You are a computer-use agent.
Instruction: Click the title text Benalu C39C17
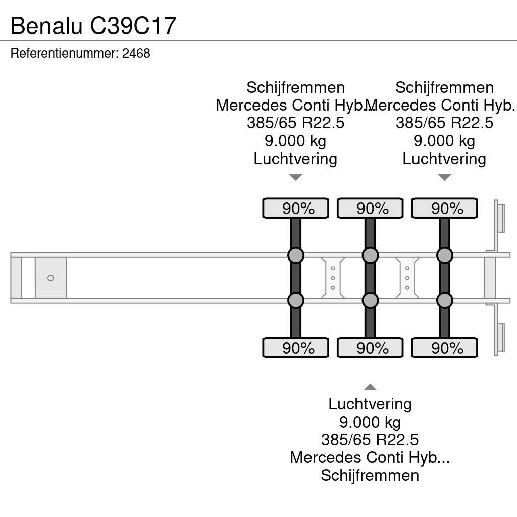pyautogui.click(x=93, y=25)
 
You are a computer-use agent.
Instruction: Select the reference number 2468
pyautogui.click(x=136, y=53)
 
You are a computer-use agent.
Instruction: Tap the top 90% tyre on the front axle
pyautogui.click(x=295, y=209)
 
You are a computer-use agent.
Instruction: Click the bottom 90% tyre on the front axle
pyautogui.click(x=295, y=348)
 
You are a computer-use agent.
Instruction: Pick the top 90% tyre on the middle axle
pyautogui.click(x=370, y=209)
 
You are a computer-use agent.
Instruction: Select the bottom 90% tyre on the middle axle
pyautogui.click(x=370, y=348)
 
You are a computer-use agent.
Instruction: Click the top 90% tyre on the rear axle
pyautogui.click(x=444, y=209)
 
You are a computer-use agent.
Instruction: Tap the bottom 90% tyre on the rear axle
pyautogui.click(x=444, y=348)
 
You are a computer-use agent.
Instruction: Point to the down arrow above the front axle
pyautogui.click(x=295, y=177)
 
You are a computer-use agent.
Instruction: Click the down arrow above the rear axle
pyautogui.click(x=444, y=177)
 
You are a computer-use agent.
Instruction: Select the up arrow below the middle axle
pyautogui.click(x=370, y=387)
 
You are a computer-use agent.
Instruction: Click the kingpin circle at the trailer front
pyautogui.click(x=50, y=278)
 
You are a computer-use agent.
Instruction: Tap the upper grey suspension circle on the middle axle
pyautogui.click(x=370, y=255)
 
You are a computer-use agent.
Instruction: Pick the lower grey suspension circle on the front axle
pyautogui.click(x=295, y=300)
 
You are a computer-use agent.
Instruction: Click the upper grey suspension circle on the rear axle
pyautogui.click(x=444, y=255)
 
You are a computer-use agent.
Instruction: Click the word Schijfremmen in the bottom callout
pyautogui.click(x=370, y=475)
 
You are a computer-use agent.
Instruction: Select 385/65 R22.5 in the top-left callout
pyautogui.click(x=295, y=123)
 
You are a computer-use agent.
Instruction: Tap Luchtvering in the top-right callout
pyautogui.click(x=444, y=159)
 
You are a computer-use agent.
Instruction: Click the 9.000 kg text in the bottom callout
pyautogui.click(x=370, y=422)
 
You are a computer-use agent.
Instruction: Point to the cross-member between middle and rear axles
pyautogui.click(x=407, y=278)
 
